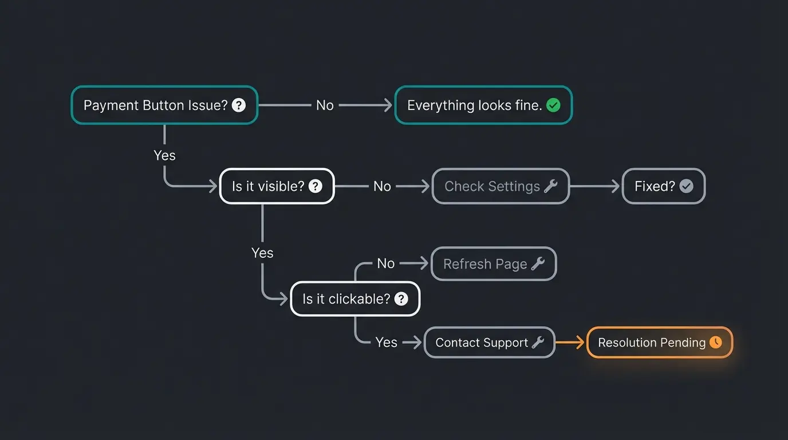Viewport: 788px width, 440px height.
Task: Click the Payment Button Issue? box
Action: (164, 105)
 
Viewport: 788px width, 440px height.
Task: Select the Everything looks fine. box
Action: (483, 105)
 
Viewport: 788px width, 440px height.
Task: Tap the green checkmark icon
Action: (553, 105)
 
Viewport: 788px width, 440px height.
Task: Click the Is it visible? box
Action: (277, 186)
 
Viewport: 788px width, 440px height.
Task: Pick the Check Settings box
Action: (501, 186)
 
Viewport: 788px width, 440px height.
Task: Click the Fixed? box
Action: (663, 186)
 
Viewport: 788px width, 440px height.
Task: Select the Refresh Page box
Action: (493, 264)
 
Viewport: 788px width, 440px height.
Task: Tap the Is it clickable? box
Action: (355, 298)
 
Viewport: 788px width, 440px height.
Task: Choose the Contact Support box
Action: (489, 343)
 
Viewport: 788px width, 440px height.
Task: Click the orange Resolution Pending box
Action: (660, 343)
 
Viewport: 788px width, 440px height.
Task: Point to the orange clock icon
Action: (716, 342)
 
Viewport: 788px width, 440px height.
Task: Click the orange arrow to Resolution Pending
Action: (570, 343)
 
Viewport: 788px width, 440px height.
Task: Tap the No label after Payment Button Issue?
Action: (325, 105)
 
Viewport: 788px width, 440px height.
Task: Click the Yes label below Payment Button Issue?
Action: (164, 155)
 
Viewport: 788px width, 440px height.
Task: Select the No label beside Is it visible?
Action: (382, 186)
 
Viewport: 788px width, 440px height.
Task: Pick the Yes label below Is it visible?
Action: (262, 253)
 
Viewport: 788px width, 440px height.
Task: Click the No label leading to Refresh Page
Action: (386, 264)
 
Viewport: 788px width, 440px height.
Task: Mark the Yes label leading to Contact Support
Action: (387, 343)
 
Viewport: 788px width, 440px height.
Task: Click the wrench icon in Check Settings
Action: (551, 186)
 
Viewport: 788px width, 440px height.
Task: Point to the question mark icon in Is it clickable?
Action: (401, 298)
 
